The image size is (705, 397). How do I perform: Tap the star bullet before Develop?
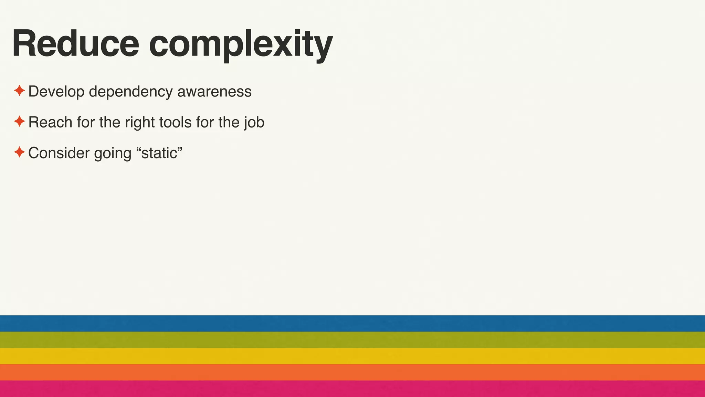tap(19, 91)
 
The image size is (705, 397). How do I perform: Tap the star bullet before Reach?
tap(19, 121)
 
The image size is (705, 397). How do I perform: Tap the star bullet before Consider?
tap(19, 152)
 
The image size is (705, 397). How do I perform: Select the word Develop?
tap(56, 92)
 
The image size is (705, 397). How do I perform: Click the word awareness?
tap(214, 92)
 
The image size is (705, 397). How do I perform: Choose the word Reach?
tap(50, 122)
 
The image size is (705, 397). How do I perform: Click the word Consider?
tap(59, 153)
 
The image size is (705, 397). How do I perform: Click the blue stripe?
tap(352, 323)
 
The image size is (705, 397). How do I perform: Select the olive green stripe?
tap(352, 340)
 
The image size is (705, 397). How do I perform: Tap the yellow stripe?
tap(352, 356)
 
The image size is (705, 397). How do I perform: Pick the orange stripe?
tap(352, 372)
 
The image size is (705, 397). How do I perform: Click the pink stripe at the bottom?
tap(352, 389)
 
